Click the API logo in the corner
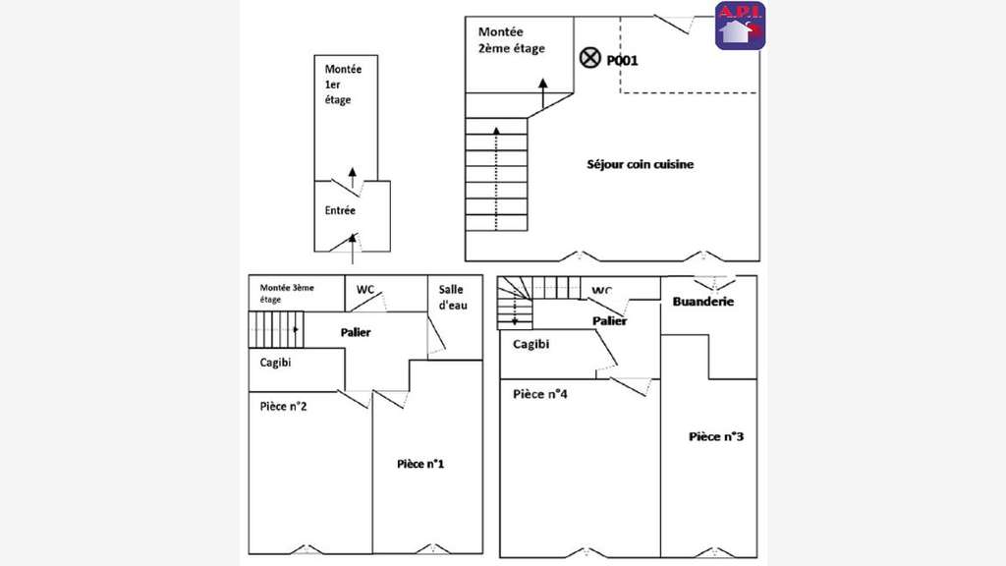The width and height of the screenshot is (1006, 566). tap(740, 26)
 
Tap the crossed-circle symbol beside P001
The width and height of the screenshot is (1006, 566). tap(589, 58)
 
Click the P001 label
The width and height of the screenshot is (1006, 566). tap(622, 60)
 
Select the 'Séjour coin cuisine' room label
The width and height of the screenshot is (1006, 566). tap(641, 164)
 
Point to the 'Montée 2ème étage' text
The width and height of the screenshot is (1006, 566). tap(511, 39)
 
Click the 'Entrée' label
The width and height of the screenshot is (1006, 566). tap(340, 210)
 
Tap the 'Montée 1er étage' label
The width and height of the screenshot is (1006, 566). tap(343, 85)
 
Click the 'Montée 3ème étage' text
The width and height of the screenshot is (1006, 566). tap(287, 293)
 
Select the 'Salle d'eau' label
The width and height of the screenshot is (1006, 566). tap(453, 298)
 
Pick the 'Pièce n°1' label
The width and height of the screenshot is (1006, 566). tap(420, 464)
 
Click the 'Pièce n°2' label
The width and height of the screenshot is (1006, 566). tap(283, 406)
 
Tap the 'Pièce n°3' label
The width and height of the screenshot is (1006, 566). tap(716, 436)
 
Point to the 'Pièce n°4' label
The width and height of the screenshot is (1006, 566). tap(539, 394)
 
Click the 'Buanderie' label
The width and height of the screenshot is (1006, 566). tap(703, 301)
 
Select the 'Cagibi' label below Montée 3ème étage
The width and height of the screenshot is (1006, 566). tap(275, 363)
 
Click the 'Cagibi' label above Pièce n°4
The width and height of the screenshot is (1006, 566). tap(531, 344)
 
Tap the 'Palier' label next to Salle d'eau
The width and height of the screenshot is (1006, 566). tap(356, 332)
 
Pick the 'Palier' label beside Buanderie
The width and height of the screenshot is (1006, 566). tap(609, 321)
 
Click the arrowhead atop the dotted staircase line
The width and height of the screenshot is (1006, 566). tap(496, 131)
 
